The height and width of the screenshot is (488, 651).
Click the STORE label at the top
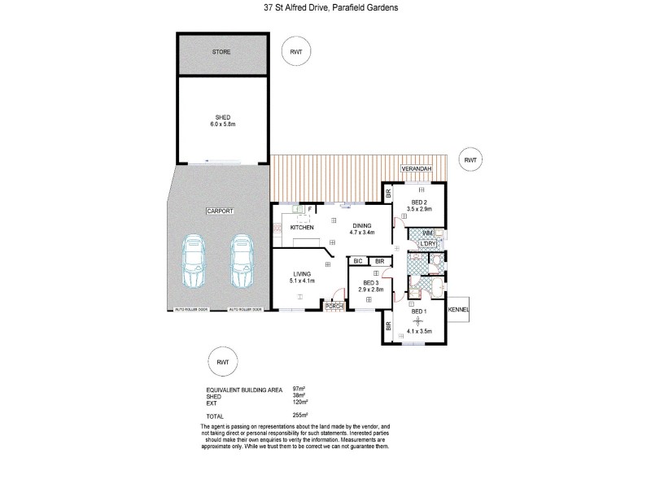coord(221,52)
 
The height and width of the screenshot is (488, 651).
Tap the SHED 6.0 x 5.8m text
coord(221,120)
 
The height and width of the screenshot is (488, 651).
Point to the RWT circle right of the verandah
coord(470,160)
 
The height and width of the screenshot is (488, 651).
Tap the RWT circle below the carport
coord(221,359)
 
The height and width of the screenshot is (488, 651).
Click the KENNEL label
coord(458,310)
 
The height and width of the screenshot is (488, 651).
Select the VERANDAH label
coord(415,168)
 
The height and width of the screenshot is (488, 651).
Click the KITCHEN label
coord(302,229)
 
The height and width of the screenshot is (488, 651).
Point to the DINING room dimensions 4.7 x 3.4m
coord(362,233)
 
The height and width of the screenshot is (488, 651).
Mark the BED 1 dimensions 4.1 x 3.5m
coord(418,332)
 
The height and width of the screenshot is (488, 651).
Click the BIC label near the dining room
coord(357,261)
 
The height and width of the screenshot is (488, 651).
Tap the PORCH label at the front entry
coord(333,306)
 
